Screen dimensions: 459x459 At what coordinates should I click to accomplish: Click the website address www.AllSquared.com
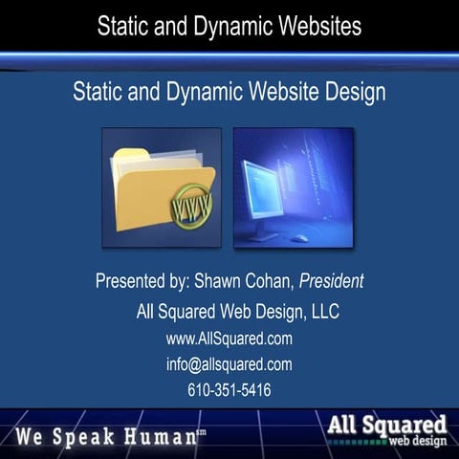point(229,339)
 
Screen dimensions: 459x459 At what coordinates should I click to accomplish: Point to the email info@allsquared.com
point(229,364)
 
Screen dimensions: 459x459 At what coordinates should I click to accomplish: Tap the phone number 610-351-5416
point(229,390)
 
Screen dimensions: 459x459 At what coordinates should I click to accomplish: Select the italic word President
point(331,282)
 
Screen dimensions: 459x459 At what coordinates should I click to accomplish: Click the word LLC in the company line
point(322,312)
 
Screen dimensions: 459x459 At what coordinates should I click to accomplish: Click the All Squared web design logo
point(386,429)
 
